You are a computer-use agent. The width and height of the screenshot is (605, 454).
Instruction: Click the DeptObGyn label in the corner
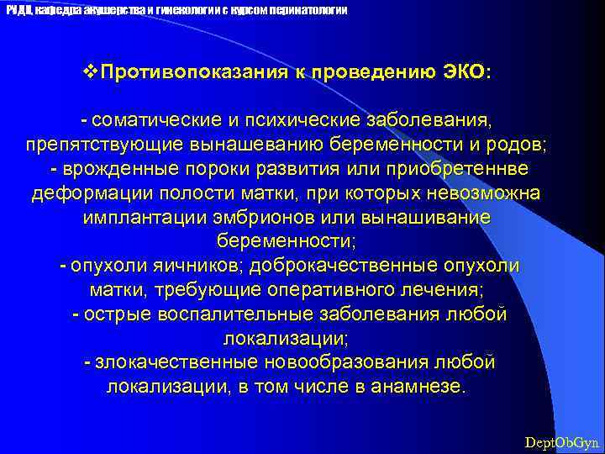(x=560, y=441)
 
